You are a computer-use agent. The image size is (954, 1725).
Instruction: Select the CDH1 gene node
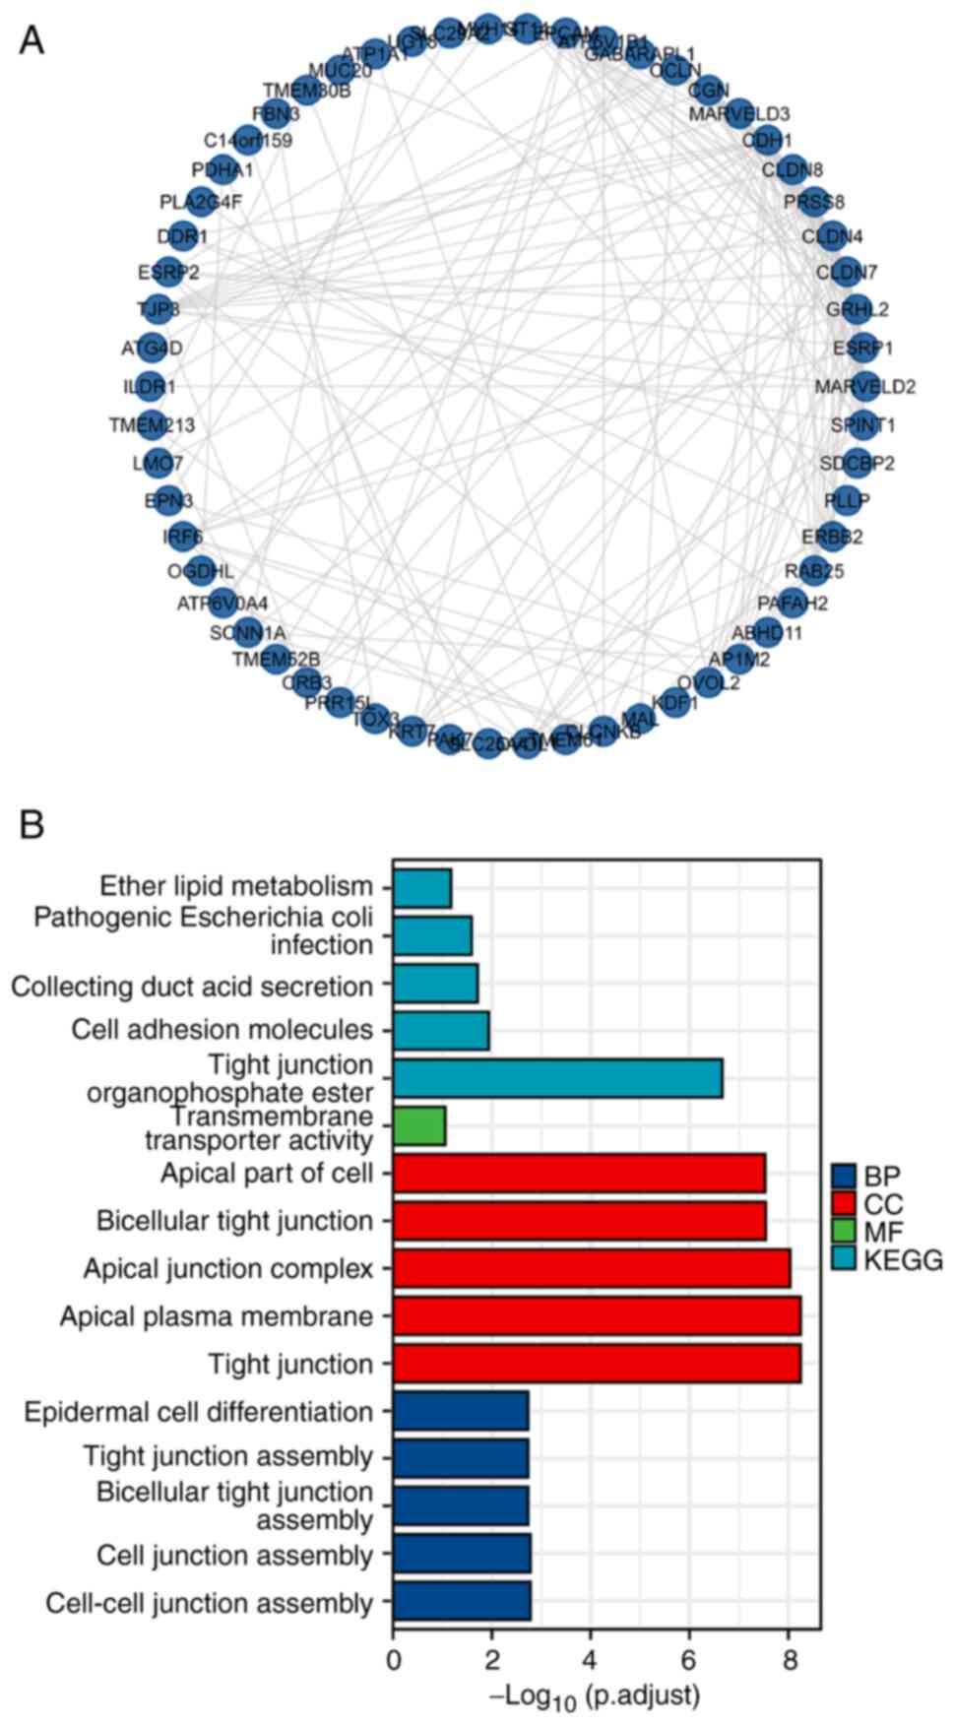pyautogui.click(x=767, y=140)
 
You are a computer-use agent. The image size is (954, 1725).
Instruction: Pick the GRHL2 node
pyautogui.click(x=858, y=309)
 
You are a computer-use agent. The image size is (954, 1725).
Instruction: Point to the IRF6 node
pyautogui.click(x=180, y=537)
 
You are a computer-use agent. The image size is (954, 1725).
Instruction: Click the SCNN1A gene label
pyautogui.click(x=247, y=632)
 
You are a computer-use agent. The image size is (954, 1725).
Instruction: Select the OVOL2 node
pyautogui.click(x=707, y=682)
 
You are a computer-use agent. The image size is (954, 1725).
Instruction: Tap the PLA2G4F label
pyautogui.click(x=201, y=203)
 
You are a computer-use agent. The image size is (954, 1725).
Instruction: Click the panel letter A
pyautogui.click(x=32, y=40)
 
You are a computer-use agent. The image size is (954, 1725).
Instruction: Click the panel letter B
pyautogui.click(x=32, y=824)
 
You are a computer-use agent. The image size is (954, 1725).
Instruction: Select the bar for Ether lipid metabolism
pyautogui.click(x=421, y=888)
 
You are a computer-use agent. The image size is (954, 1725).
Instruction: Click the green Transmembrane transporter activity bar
pyautogui.click(x=418, y=1126)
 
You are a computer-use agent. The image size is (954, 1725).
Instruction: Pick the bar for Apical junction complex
pyautogui.click(x=591, y=1268)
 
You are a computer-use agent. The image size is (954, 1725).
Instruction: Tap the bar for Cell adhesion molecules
pyautogui.click(x=440, y=1030)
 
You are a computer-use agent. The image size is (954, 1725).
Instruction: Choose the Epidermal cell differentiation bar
pyautogui.click(x=460, y=1411)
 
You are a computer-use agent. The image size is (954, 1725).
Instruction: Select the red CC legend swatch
pyautogui.click(x=843, y=1202)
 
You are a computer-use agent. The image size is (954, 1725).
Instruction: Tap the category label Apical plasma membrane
pyautogui.click(x=217, y=1316)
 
